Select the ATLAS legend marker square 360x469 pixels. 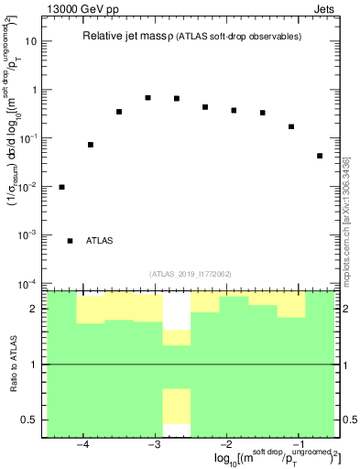[x=71, y=241]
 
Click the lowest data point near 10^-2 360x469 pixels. [x=61, y=187]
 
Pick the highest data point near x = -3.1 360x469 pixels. [x=147, y=98]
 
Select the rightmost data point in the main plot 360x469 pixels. [x=320, y=156]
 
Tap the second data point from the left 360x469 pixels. [x=91, y=145]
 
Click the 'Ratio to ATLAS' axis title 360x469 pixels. [x=12, y=364]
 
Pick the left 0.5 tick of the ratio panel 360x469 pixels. [x=29, y=420]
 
